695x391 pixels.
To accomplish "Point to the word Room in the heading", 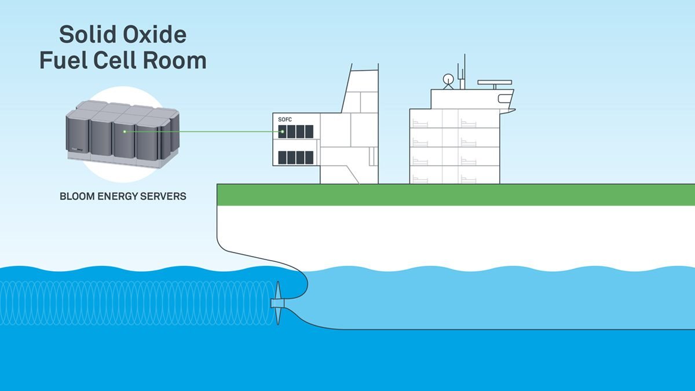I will click(178, 60).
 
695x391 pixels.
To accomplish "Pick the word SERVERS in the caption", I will click(165, 196).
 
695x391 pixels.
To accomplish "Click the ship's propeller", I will click(277, 303).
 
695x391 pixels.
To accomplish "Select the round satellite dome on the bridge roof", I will click(448, 79).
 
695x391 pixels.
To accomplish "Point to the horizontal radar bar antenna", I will click(495, 83).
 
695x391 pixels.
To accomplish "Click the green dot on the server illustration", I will click(125, 131).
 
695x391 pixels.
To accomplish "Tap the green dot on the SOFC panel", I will click(283, 131).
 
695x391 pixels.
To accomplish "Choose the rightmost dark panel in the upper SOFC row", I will click(309, 131).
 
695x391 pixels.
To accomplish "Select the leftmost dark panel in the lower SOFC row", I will click(283, 157).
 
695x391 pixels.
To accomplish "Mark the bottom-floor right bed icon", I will click(468, 179).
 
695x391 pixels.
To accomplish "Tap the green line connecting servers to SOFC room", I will click(203, 131).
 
